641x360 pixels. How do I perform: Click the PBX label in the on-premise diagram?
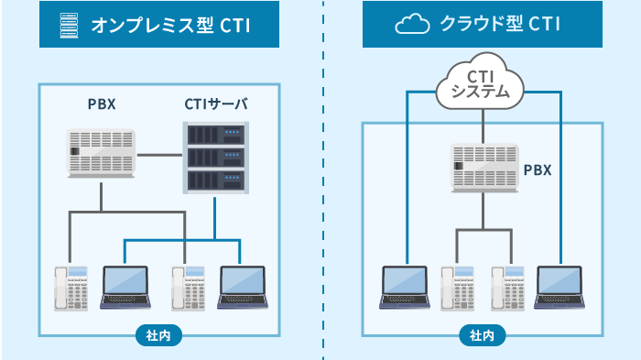(x=102, y=104)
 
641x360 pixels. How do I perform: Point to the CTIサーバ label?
(x=216, y=104)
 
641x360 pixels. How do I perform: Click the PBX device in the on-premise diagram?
(x=102, y=152)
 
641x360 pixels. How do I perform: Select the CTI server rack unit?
(x=216, y=157)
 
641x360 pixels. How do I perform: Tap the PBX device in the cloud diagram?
(x=483, y=169)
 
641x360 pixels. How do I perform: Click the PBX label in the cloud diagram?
(x=537, y=170)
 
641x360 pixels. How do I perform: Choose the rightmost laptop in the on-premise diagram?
(x=242, y=288)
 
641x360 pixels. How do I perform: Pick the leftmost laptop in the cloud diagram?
(x=405, y=288)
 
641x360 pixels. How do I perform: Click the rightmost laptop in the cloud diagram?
(x=560, y=288)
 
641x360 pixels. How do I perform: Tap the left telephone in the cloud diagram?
(x=456, y=289)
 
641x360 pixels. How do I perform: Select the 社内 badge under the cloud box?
(x=482, y=335)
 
